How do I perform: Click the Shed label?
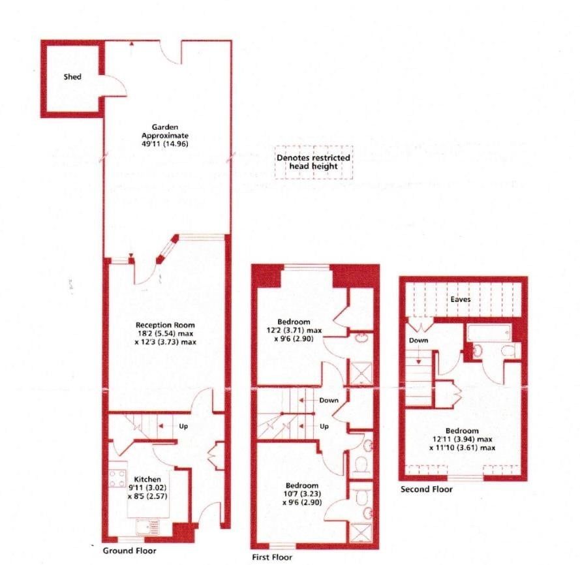(x=72, y=77)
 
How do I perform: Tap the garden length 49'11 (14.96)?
(x=165, y=144)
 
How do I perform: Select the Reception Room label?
(x=165, y=326)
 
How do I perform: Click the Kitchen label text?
(x=147, y=479)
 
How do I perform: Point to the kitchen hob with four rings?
(x=117, y=478)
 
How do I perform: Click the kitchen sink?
(x=147, y=527)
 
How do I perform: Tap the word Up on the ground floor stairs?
(x=183, y=426)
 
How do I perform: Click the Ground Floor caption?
(x=129, y=551)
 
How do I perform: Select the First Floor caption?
(x=272, y=557)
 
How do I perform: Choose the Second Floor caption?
(x=427, y=489)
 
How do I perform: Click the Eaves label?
(x=461, y=299)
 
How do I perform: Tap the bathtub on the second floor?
(x=489, y=333)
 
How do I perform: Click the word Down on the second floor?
(x=418, y=341)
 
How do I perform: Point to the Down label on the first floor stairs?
(x=329, y=401)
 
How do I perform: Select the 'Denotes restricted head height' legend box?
(x=314, y=162)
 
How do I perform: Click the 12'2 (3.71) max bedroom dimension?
(x=294, y=330)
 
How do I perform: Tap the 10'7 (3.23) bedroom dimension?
(x=302, y=494)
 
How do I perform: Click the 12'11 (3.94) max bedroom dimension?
(x=463, y=439)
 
